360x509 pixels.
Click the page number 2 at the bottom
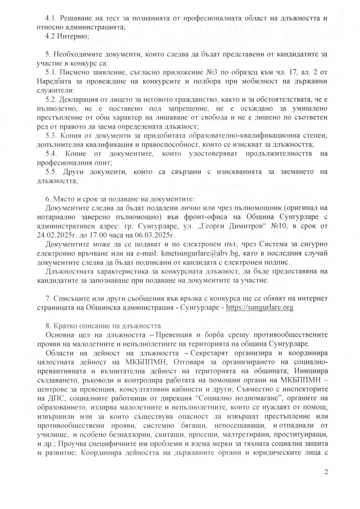[x=326, y=472]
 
